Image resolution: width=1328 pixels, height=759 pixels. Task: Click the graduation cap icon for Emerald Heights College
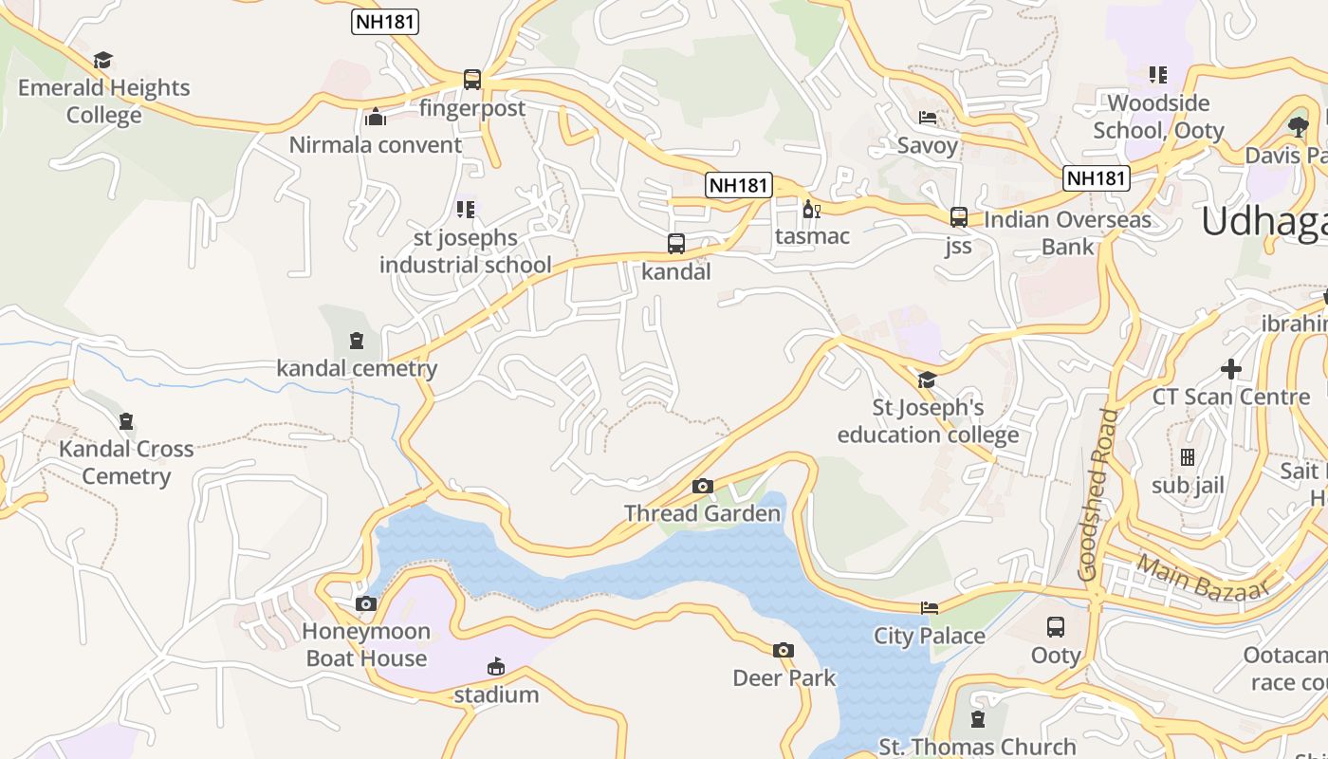point(103,61)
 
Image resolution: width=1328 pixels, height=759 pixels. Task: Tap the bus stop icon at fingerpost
point(471,80)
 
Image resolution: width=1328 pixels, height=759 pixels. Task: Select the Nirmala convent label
point(376,145)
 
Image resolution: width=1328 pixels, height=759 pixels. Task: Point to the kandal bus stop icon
point(676,244)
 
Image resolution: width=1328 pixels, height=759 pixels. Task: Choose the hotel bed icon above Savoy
point(928,118)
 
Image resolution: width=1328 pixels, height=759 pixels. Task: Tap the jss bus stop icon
point(959,217)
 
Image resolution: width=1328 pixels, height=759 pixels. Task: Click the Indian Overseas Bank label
point(1067,233)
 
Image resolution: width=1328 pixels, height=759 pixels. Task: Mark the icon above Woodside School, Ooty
point(1157,74)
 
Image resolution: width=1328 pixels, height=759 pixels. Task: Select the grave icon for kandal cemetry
point(357,341)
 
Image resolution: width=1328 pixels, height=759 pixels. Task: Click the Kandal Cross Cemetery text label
point(126,462)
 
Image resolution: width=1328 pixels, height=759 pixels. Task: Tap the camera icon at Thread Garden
point(702,487)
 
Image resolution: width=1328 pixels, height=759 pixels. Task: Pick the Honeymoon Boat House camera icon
point(366,604)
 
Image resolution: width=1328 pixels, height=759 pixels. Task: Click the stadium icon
point(495,667)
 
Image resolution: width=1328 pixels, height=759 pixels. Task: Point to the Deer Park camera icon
point(784,651)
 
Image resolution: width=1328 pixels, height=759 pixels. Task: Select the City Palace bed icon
point(930,608)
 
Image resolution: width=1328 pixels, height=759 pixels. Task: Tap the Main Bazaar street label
point(1203,578)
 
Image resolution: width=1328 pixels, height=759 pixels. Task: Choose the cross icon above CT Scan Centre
point(1231,369)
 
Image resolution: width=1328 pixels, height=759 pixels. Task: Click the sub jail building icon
point(1188,457)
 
